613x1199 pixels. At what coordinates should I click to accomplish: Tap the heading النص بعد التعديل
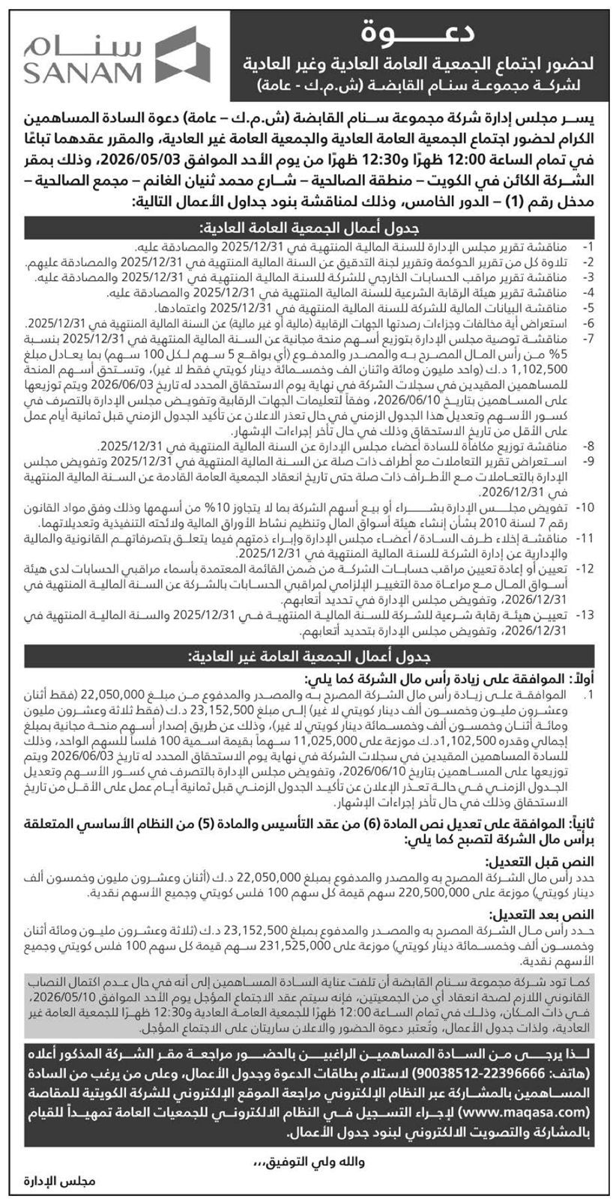[x=548, y=914]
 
